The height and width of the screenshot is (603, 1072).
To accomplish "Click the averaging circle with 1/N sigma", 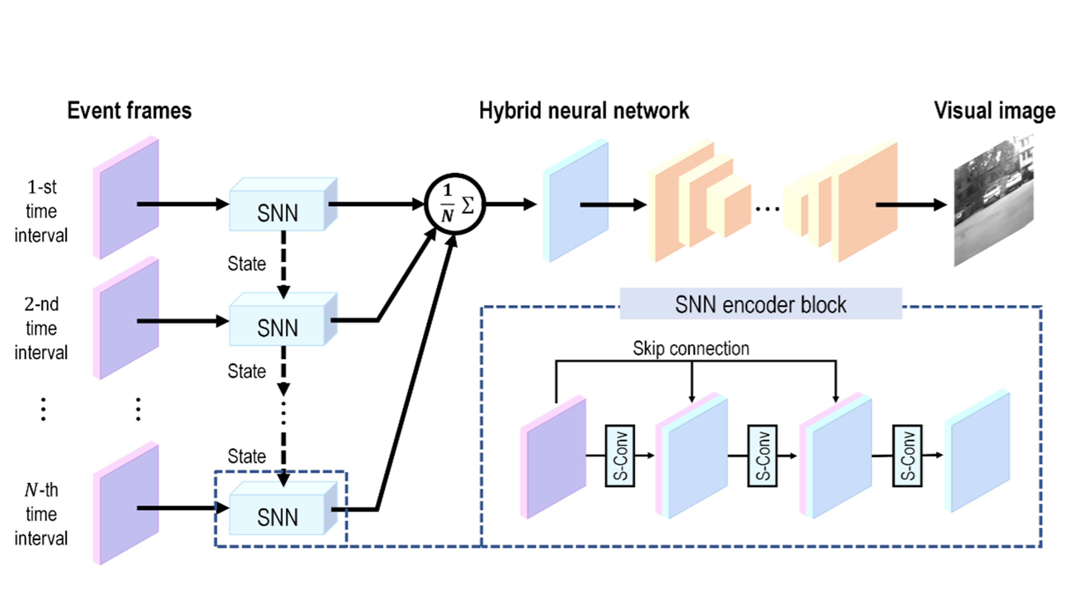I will click(x=455, y=204).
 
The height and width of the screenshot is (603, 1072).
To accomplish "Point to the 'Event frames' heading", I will click(x=129, y=111).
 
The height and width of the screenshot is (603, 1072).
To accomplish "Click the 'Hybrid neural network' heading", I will click(x=584, y=111).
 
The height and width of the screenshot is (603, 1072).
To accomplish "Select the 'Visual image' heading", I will click(x=995, y=111).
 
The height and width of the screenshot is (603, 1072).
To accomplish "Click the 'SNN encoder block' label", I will click(x=760, y=305).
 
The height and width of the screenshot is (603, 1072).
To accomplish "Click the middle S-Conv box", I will click(x=762, y=456).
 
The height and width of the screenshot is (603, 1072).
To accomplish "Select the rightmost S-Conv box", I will click(x=907, y=456).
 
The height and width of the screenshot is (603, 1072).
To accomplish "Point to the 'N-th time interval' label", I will click(x=41, y=514).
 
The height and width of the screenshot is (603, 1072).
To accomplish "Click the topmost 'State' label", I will click(x=246, y=264).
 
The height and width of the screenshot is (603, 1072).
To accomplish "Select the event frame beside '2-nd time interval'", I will click(x=127, y=318).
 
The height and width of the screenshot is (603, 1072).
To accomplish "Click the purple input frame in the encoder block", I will click(x=555, y=457).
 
